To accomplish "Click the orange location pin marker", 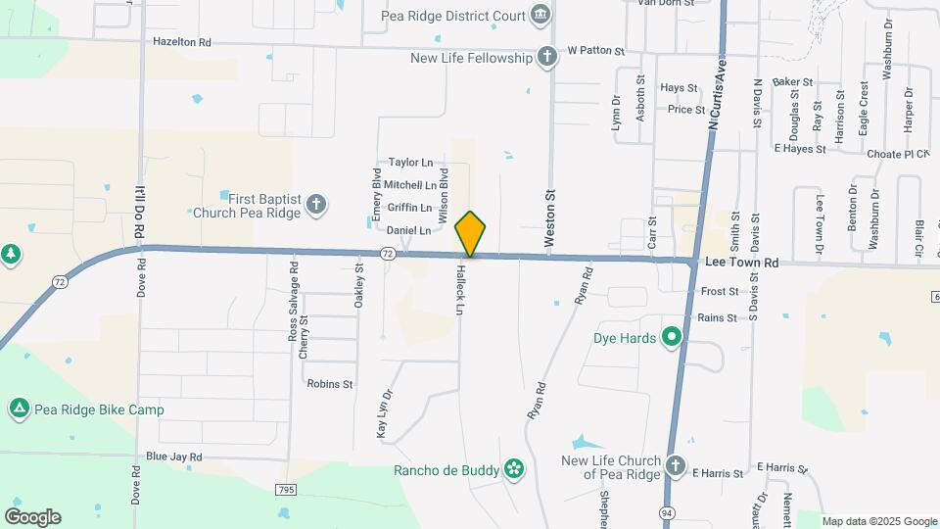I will (470, 234).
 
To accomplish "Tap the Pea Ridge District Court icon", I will (540, 15).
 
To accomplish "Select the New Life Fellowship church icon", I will (547, 57).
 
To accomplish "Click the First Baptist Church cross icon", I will (315, 204).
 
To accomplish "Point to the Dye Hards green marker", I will (671, 339).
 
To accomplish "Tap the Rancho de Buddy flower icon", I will (513, 470).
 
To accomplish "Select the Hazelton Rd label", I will (182, 42).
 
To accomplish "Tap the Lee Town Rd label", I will (740, 263).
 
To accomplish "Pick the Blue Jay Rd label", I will (173, 457).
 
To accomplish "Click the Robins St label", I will (329, 384).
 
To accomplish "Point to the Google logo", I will (32, 517).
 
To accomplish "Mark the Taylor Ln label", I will (410, 162).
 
